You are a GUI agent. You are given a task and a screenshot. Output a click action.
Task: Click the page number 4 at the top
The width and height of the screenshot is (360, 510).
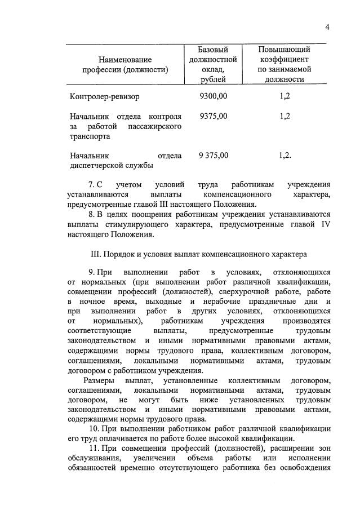[327, 28]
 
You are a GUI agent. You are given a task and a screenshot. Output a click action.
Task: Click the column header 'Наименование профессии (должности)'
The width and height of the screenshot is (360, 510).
[125, 64]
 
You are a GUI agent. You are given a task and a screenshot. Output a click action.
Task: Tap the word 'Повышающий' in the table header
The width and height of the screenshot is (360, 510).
[285, 50]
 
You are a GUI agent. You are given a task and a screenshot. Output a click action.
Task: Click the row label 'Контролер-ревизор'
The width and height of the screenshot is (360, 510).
[104, 96]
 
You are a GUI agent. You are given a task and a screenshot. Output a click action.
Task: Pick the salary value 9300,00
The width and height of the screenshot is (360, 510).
[214, 96]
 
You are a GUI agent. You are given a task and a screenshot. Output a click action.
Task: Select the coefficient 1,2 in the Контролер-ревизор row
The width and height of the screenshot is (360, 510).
[285, 96]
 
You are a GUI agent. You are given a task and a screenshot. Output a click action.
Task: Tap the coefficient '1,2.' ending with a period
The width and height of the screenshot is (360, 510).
[285, 155]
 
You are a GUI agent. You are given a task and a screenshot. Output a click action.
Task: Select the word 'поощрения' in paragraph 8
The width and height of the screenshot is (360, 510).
[153, 215]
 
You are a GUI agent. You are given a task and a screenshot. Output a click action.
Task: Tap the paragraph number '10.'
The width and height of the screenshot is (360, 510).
[95, 431]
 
